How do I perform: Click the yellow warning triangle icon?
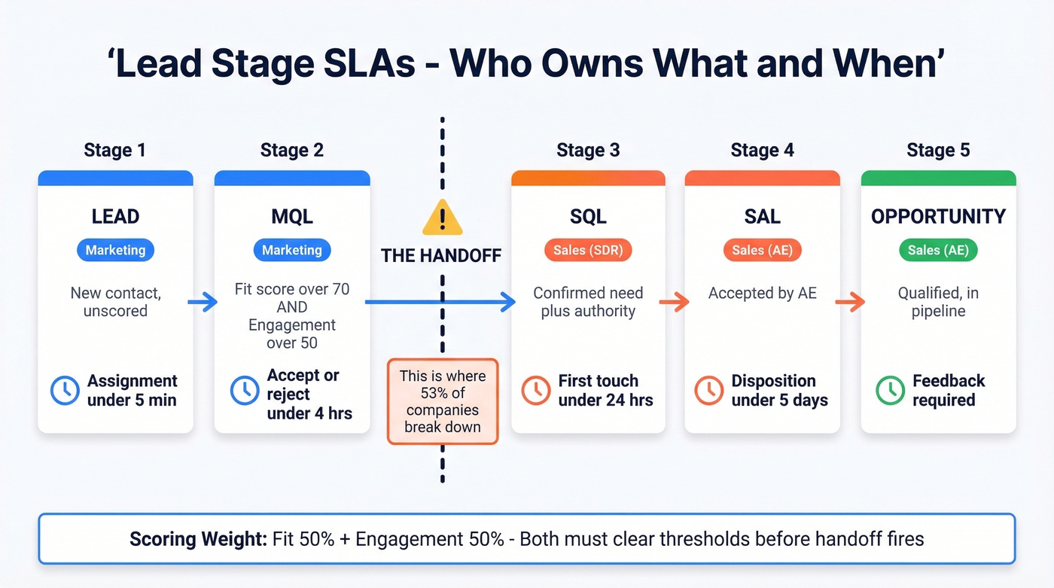[x=442, y=218]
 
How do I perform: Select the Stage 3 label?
[x=588, y=150]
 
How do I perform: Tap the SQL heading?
[x=588, y=217]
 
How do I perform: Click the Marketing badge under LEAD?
[x=115, y=250]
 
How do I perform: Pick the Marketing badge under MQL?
[x=292, y=250]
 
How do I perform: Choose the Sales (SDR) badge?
[x=588, y=250]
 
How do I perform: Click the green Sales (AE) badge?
[x=938, y=250]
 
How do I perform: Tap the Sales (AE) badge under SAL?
[x=762, y=250]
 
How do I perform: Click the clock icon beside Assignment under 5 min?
[x=65, y=390]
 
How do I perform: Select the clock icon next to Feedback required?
[x=890, y=390]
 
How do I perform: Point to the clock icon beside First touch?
[x=536, y=390]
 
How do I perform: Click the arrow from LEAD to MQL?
[x=203, y=303]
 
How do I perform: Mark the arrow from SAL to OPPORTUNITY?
[x=850, y=303]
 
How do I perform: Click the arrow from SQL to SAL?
[x=675, y=303]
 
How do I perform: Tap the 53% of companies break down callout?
[x=442, y=401]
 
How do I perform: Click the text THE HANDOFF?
[x=441, y=256]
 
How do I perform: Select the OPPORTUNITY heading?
[x=938, y=217]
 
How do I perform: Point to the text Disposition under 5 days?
[x=779, y=390]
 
